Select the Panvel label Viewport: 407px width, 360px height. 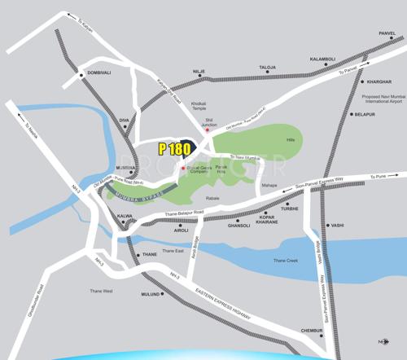click(x=387, y=33)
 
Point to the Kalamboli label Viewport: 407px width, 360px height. click(x=322, y=59)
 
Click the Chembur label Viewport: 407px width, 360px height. click(x=313, y=331)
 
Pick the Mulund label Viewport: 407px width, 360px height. click(x=151, y=294)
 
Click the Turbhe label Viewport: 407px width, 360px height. click(x=290, y=209)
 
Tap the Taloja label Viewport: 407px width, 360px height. click(x=268, y=67)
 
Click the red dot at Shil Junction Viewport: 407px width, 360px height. click(x=206, y=130)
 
